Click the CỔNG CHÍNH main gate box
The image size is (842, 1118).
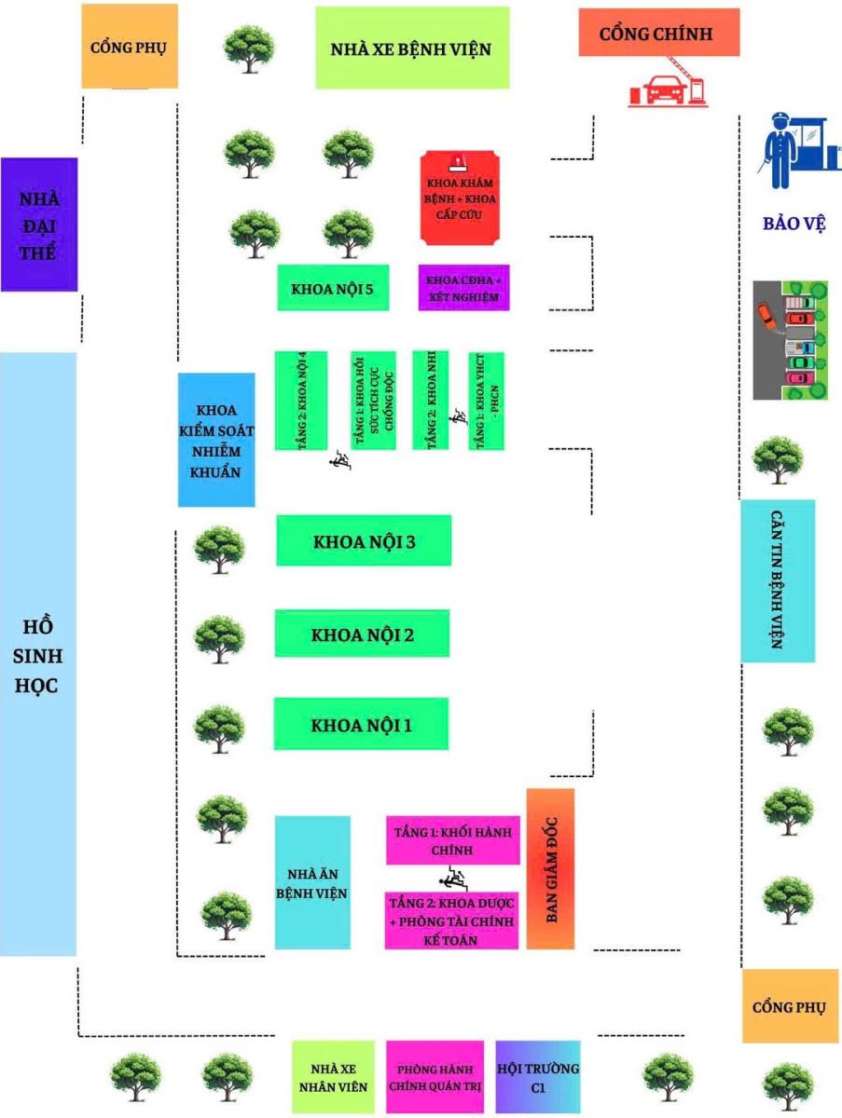[x=658, y=34]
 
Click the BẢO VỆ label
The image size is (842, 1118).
[x=794, y=224]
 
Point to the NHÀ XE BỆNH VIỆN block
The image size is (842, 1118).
[x=411, y=48]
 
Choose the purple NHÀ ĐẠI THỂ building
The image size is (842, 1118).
[x=38, y=225]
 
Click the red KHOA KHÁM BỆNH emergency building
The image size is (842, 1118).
[x=457, y=198]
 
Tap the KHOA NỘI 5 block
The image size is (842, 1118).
[x=333, y=288]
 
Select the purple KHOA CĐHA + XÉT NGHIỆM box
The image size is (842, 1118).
[x=463, y=288]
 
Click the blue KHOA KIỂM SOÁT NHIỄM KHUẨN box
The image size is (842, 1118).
[x=216, y=440]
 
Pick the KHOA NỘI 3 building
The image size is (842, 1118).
[x=364, y=540]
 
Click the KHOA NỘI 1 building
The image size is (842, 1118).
[x=361, y=724]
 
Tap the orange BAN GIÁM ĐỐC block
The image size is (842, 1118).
[x=550, y=868]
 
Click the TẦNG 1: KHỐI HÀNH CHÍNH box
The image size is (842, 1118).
[x=452, y=840]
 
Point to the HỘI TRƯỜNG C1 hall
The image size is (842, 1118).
[x=537, y=1075]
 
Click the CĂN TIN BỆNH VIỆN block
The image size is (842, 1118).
[x=778, y=580]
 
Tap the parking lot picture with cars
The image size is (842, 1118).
[x=790, y=340]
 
